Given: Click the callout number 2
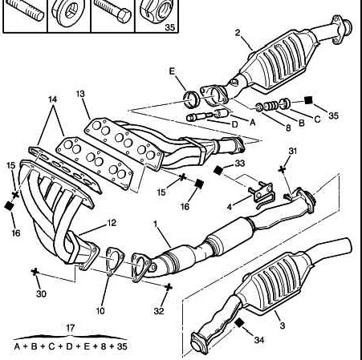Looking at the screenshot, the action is click(238, 33).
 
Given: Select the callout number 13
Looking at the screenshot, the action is click(80, 94).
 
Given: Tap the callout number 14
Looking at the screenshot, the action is click(53, 99).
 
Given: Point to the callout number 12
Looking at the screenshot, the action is click(112, 223).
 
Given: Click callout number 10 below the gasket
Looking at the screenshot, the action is click(100, 311).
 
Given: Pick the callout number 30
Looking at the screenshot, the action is click(41, 294).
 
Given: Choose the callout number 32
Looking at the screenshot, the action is click(159, 311).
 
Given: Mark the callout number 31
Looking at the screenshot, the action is click(293, 151).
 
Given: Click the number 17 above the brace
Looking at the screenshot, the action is click(70, 328).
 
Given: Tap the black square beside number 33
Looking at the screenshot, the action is click(218, 170).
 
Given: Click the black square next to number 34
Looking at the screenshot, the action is click(239, 323).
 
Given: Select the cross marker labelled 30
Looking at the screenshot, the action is click(35, 272).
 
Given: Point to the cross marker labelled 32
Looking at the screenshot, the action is click(168, 287).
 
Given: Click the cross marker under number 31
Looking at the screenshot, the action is click(282, 169).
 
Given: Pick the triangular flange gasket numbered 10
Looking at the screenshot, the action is click(114, 261).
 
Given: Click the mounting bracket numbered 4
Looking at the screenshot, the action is click(261, 193).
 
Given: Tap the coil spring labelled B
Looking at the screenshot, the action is click(271, 106).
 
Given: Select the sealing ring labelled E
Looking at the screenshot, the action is click(191, 99).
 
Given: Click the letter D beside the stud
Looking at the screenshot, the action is click(234, 124).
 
